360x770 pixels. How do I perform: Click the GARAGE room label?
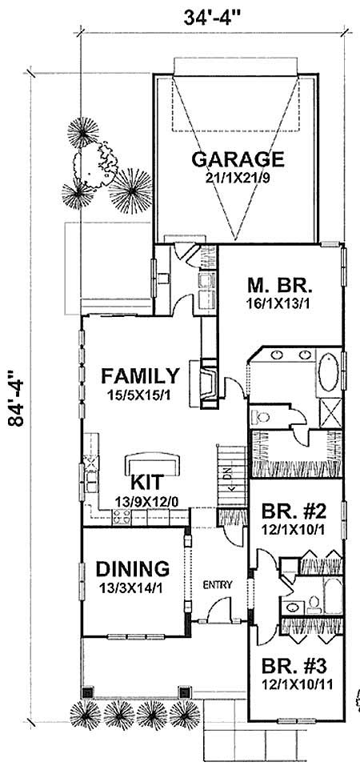click(238, 158)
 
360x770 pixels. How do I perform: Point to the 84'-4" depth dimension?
click(14, 411)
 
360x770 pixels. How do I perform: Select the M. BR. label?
click(279, 286)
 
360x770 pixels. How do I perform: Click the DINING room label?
click(133, 569)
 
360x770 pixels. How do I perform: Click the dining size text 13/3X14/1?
click(133, 588)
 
